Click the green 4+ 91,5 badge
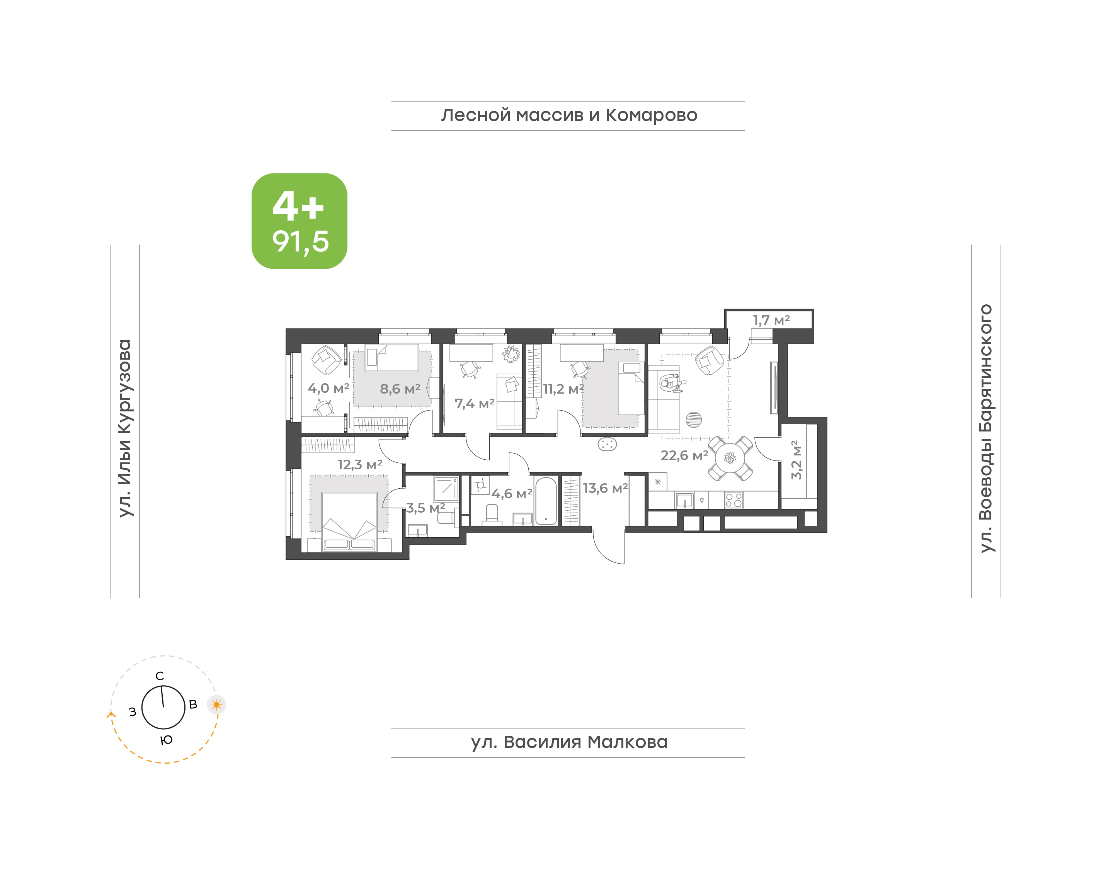[x=299, y=221]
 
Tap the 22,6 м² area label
[x=684, y=455]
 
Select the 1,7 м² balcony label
[x=771, y=321]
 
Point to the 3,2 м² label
[x=796, y=460]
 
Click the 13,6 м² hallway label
[x=605, y=489]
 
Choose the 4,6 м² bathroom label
[x=512, y=494]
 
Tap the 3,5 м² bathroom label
[x=425, y=508]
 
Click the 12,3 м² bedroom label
[x=360, y=465]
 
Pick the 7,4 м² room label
[x=475, y=404]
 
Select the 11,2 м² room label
[x=563, y=389]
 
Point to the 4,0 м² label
[x=328, y=389]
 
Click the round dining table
[x=730, y=458]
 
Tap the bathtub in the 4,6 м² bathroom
[x=546, y=501]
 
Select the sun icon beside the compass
[x=216, y=705]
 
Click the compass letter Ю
[x=166, y=740]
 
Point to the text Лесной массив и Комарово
[x=569, y=115]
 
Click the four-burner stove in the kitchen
[x=733, y=500]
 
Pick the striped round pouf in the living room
[x=693, y=420]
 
